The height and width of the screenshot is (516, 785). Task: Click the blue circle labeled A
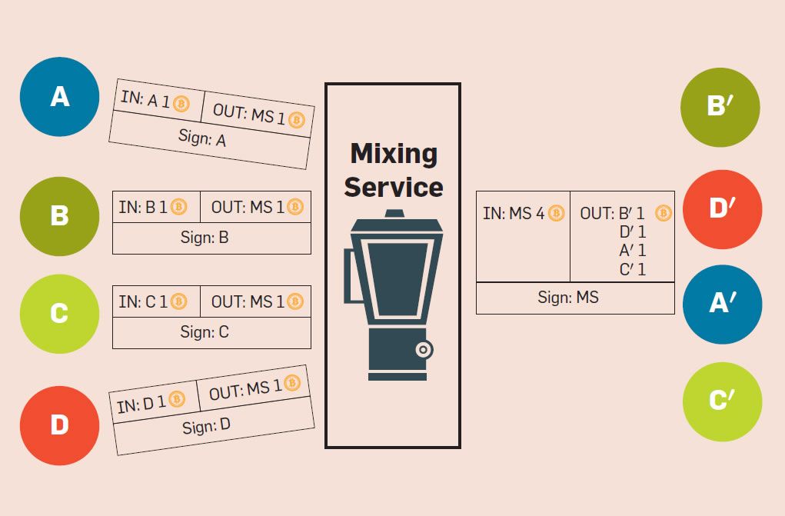coord(59,97)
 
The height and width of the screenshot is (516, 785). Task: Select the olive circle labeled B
coord(59,216)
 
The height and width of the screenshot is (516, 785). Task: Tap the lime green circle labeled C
coord(59,314)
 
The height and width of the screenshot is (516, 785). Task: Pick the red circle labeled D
coord(59,425)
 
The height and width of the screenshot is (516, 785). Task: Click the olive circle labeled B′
coord(720,107)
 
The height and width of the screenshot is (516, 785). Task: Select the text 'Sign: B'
coord(205,238)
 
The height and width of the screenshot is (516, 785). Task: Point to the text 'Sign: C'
coord(205,332)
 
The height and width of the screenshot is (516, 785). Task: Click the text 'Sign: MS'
coord(568,298)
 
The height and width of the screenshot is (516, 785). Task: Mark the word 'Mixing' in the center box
coord(394,153)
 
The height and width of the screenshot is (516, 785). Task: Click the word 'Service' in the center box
coord(394,187)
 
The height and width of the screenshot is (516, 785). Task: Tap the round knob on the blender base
coord(424,350)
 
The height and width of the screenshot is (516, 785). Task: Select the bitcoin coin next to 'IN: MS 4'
coord(556,213)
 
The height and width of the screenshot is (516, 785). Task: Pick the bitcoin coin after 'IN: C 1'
coord(179,301)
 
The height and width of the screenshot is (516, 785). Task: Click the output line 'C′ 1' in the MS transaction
coord(632,270)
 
